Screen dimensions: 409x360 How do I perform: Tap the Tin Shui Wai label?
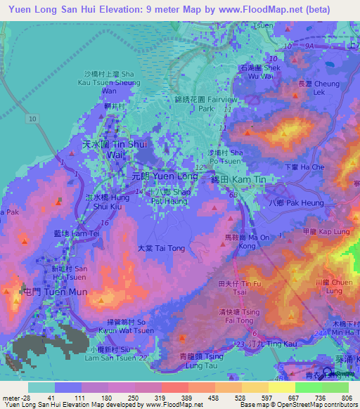click(103, 148)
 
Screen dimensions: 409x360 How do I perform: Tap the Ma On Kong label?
click(246, 242)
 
